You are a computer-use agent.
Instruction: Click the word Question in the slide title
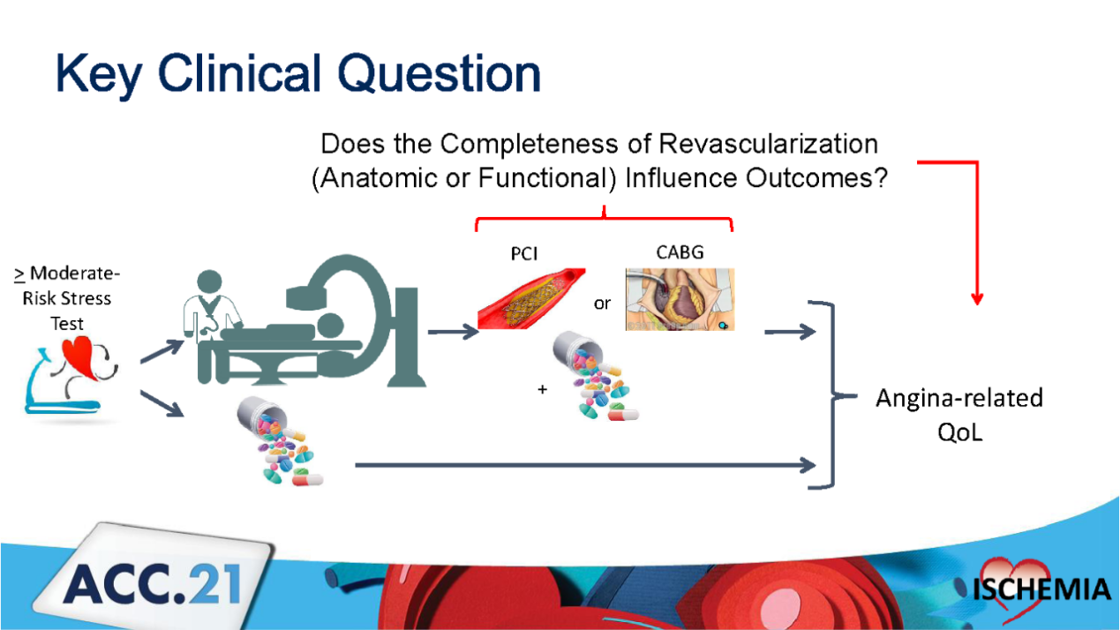click(439, 73)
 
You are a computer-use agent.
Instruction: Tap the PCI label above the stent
click(524, 254)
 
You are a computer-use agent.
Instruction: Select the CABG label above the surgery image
click(680, 252)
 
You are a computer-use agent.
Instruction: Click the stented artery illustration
click(531, 298)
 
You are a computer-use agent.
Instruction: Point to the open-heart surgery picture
click(680, 299)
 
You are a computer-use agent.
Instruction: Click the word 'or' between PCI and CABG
click(603, 303)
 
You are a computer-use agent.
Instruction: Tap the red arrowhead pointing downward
click(977, 298)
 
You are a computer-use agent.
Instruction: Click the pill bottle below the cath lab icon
click(280, 440)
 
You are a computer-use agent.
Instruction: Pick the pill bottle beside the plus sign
click(595, 375)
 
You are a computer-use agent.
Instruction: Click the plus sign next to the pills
click(543, 389)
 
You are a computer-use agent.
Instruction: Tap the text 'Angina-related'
click(959, 399)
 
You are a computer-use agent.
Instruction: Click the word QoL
click(960, 432)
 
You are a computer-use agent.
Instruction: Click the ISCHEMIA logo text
click(1042, 589)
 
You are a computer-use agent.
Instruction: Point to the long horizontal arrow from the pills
click(585, 466)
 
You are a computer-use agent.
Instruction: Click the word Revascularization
click(768, 144)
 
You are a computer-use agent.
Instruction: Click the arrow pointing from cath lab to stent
click(454, 332)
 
